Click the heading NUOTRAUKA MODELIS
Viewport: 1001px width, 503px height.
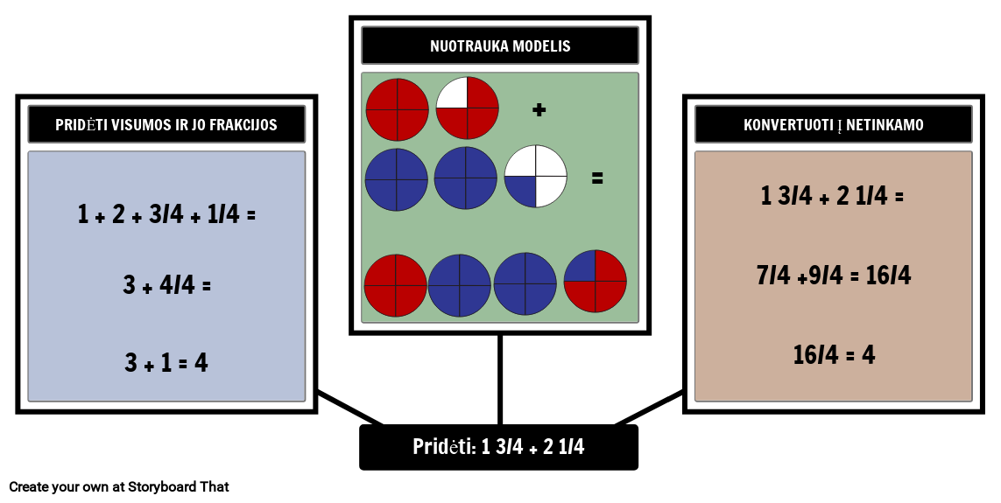click(x=500, y=45)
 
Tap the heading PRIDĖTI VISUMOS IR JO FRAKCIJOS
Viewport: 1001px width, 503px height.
click(x=166, y=124)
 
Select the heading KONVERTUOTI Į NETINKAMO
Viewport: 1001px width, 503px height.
click(x=833, y=124)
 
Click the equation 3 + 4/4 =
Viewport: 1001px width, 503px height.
click(x=166, y=284)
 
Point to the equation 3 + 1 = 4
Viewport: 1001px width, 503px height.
click(x=166, y=362)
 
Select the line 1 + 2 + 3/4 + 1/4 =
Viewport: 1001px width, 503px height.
click(x=166, y=214)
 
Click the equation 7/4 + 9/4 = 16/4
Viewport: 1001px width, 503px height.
click(x=833, y=275)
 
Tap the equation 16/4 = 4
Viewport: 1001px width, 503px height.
click(x=833, y=353)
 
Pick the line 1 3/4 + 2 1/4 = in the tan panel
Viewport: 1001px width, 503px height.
click(x=832, y=196)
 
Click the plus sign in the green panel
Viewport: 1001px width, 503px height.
click(x=539, y=109)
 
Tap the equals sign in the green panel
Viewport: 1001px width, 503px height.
click(x=597, y=178)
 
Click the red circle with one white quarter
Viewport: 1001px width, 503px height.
click(x=468, y=108)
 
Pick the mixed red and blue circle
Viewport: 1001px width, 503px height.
click(x=595, y=281)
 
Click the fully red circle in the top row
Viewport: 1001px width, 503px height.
click(x=397, y=109)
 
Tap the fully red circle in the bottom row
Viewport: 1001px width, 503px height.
click(x=396, y=285)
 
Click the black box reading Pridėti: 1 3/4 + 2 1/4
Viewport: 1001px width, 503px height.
click(x=498, y=447)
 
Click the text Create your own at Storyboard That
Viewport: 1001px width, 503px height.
click(x=119, y=487)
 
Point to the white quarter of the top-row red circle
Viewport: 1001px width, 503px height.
click(x=452, y=93)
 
